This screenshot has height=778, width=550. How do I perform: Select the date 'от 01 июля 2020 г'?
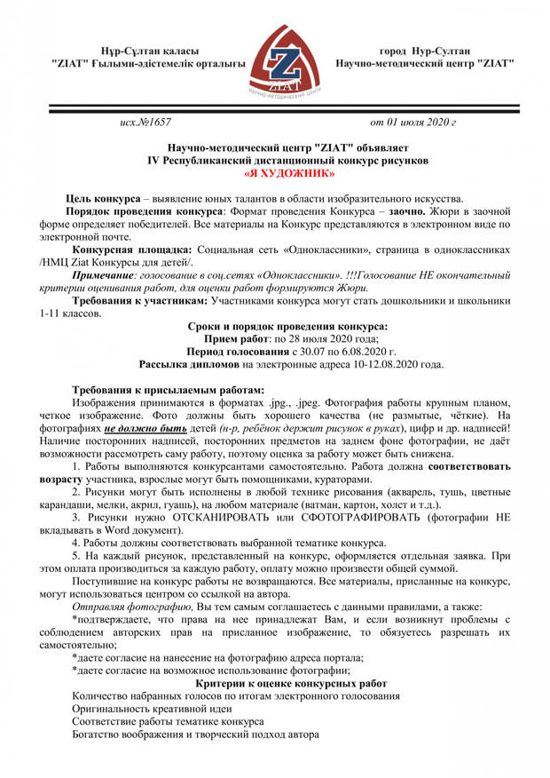(x=412, y=121)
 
